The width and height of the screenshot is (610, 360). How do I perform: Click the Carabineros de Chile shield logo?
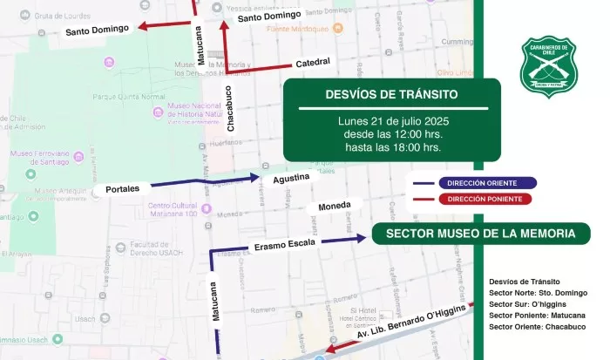click(544, 66)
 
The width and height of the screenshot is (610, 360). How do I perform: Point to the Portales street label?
click(123, 188)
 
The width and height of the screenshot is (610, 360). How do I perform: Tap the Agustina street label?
click(291, 178)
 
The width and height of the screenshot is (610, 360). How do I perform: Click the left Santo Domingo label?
click(98, 31)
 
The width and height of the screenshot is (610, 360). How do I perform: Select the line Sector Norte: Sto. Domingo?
click(538, 293)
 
